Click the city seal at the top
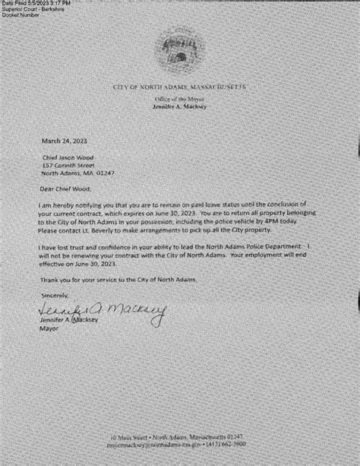(180, 52)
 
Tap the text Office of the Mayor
(179, 100)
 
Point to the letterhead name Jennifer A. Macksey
(179, 108)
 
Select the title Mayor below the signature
(50, 330)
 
